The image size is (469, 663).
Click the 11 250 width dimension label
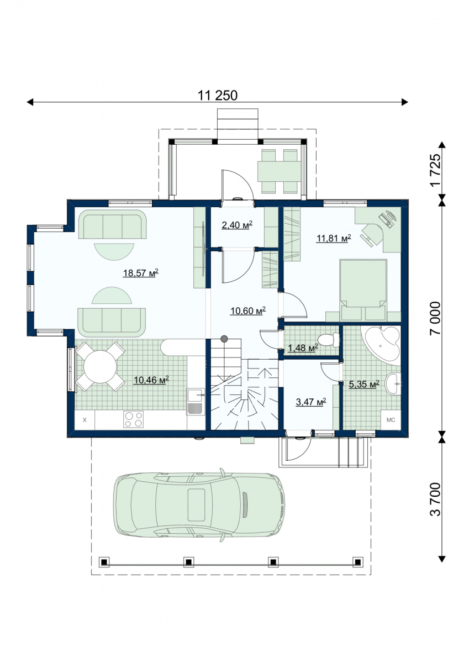[x=218, y=96]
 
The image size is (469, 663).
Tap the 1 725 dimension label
[x=435, y=170]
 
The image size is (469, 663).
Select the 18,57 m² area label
[x=140, y=272]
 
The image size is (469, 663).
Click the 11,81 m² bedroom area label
[x=334, y=238]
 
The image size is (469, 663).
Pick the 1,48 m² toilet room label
[x=303, y=348]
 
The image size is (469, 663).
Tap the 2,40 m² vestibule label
[x=237, y=225]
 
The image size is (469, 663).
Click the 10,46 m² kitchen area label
[x=151, y=380]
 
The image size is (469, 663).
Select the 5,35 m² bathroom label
[x=364, y=384]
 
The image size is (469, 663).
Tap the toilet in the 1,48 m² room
[x=328, y=339]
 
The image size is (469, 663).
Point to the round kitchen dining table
[x=101, y=367]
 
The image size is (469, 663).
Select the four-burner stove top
[x=133, y=419]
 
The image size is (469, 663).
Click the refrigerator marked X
[x=85, y=420]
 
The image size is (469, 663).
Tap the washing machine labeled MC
[x=391, y=420]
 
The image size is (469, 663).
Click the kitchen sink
[x=196, y=402]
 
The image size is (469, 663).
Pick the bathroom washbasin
[x=393, y=384]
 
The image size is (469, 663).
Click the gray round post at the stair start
[x=224, y=338]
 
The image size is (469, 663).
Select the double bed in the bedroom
[x=363, y=290]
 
